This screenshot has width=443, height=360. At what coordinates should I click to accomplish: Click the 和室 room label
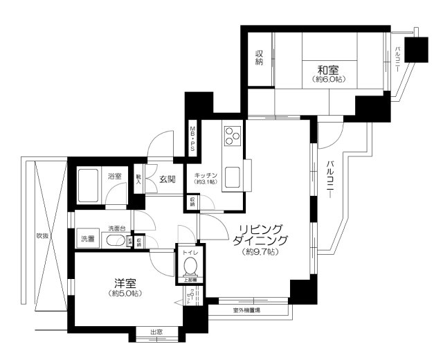point(327,69)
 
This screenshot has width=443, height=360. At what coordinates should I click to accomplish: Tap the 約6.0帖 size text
point(327,80)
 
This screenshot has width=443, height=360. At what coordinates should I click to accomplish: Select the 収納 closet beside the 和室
point(259,59)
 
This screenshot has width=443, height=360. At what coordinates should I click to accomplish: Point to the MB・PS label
point(194,139)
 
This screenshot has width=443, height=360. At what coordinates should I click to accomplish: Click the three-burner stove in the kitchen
point(231,135)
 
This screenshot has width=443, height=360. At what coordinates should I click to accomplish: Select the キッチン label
point(206,175)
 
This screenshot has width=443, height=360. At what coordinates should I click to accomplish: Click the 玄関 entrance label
point(168,179)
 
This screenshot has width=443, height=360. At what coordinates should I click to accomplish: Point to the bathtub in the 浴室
point(90,183)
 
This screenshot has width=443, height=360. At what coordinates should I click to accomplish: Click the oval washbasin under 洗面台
point(115,241)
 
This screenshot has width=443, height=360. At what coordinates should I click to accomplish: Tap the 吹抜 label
point(42,236)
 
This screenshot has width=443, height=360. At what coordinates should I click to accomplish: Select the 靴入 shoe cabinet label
point(139,179)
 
